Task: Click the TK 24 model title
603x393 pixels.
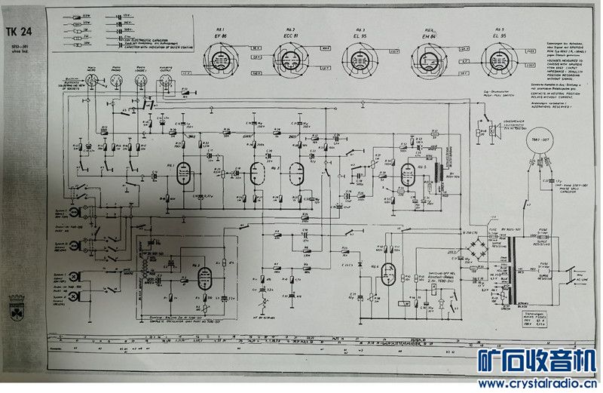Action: (x=22, y=31)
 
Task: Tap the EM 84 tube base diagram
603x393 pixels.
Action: (x=426, y=58)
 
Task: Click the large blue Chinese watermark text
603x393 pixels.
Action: (x=537, y=361)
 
